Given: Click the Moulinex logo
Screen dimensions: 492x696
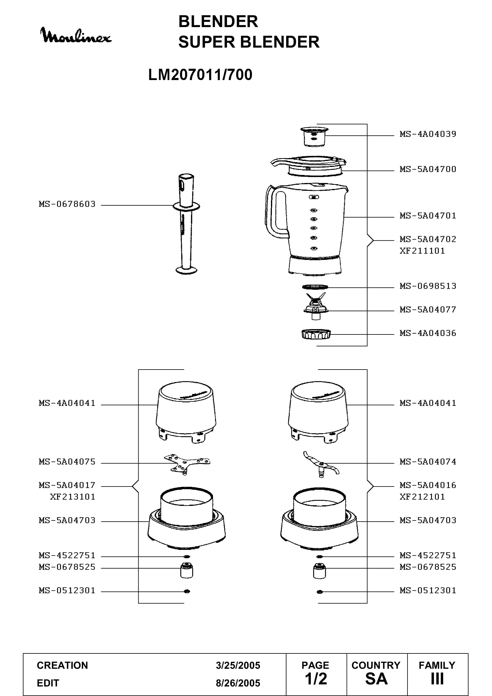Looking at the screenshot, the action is tap(76, 36).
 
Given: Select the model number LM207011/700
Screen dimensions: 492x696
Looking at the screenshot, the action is tap(200, 75).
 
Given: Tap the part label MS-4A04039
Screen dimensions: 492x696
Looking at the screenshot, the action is tap(428, 134).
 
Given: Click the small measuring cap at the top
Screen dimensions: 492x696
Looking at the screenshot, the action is tap(314, 137).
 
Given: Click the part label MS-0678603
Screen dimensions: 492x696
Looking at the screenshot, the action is tap(67, 204).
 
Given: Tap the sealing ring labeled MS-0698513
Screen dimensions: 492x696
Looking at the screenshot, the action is tap(315, 287).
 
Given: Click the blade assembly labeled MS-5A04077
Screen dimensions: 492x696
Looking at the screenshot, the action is tap(315, 306).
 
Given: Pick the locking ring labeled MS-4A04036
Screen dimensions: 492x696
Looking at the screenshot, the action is tap(316, 334).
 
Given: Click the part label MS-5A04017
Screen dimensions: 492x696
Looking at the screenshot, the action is tap(67, 485).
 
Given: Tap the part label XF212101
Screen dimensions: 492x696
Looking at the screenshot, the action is tap(422, 497).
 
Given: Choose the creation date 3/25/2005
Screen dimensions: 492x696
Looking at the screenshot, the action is tap(238, 665).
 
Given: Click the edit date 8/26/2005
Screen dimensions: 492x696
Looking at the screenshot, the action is tap(238, 683).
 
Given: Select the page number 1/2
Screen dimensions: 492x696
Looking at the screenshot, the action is tap(316, 679).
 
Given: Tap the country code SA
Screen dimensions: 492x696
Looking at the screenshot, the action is tap(376, 679).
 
